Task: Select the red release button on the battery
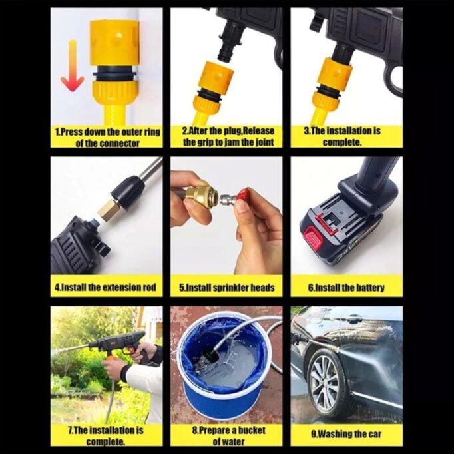[313, 238]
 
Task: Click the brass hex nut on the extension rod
[107, 212]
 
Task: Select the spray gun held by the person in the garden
[116, 343]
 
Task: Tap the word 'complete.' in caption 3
[342, 142]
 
